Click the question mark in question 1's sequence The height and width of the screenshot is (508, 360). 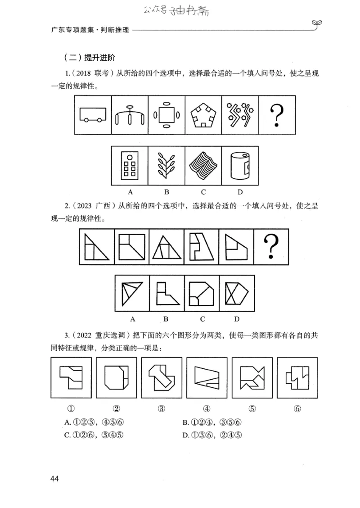[x=277, y=114]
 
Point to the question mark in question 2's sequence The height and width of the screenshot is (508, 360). [x=271, y=246]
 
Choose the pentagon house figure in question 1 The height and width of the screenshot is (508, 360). [x=203, y=115]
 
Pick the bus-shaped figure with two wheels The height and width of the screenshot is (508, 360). [x=92, y=115]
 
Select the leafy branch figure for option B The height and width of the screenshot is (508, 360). [x=166, y=165]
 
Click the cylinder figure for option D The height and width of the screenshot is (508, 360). [x=240, y=166]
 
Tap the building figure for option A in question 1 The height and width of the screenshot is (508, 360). [x=130, y=165]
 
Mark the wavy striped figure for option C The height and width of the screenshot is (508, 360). [x=203, y=165]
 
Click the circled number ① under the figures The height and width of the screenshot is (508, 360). [x=71, y=409]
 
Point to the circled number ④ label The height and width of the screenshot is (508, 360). [x=207, y=409]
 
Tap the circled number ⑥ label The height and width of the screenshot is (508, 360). [x=297, y=409]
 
